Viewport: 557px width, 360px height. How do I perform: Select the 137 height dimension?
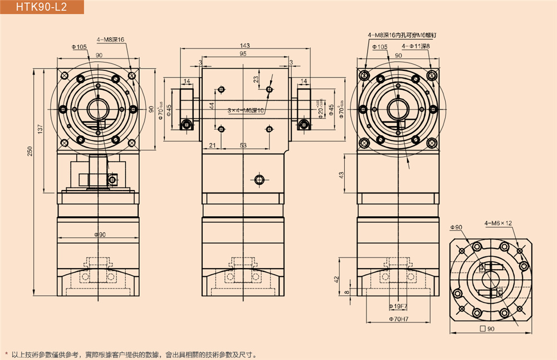click(x=40, y=129)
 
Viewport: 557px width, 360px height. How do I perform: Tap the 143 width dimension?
click(x=244, y=45)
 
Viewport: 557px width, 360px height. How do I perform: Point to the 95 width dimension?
click(x=243, y=54)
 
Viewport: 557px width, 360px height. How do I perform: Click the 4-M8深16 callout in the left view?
click(x=110, y=40)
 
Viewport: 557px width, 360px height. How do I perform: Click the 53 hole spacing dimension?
click(x=243, y=145)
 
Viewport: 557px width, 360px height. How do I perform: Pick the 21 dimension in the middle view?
click(x=212, y=145)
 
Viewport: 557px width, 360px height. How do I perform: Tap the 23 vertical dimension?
click(x=256, y=80)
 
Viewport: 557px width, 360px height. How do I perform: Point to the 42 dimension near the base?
click(x=336, y=279)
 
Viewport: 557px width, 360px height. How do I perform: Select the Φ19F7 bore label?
click(x=397, y=307)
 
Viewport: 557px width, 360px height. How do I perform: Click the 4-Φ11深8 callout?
click(x=417, y=46)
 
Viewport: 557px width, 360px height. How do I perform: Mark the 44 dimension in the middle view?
click(x=212, y=105)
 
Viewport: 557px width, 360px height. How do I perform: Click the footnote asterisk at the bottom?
click(x=6, y=354)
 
